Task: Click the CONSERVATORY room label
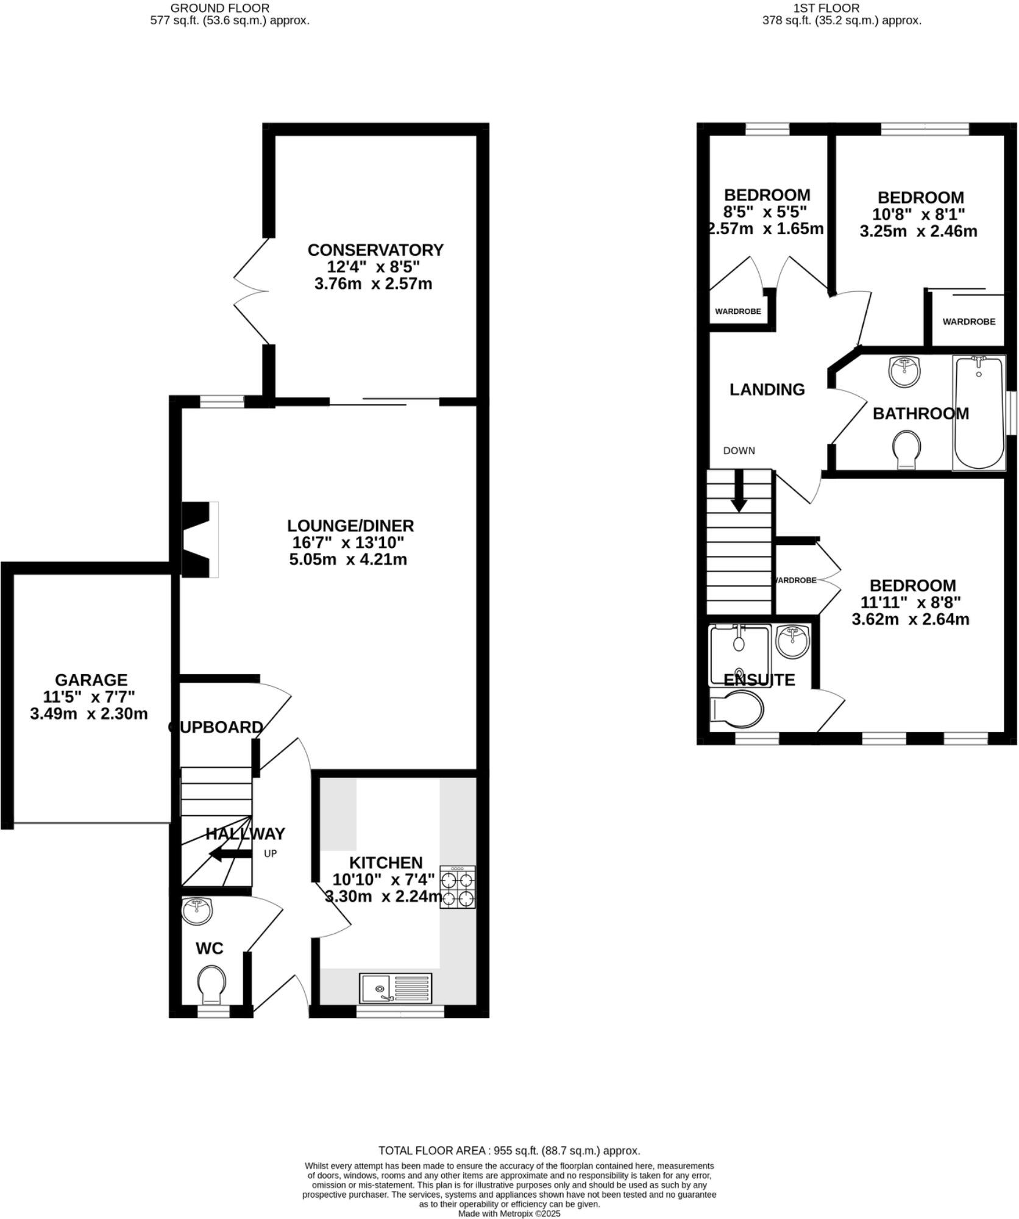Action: (375, 250)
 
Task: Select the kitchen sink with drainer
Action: (396, 988)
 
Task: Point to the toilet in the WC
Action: (211, 983)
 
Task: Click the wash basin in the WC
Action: (197, 911)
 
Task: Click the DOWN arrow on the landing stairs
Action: (739, 491)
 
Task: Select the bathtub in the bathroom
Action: (979, 412)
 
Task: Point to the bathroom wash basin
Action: (904, 371)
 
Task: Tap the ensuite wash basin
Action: (793, 642)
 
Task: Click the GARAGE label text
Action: (91, 680)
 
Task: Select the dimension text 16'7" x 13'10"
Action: (348, 542)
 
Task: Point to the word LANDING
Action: (767, 389)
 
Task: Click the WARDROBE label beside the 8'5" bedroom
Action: (737, 311)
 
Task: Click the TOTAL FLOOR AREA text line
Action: (509, 1151)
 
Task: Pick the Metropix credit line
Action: (509, 1214)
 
